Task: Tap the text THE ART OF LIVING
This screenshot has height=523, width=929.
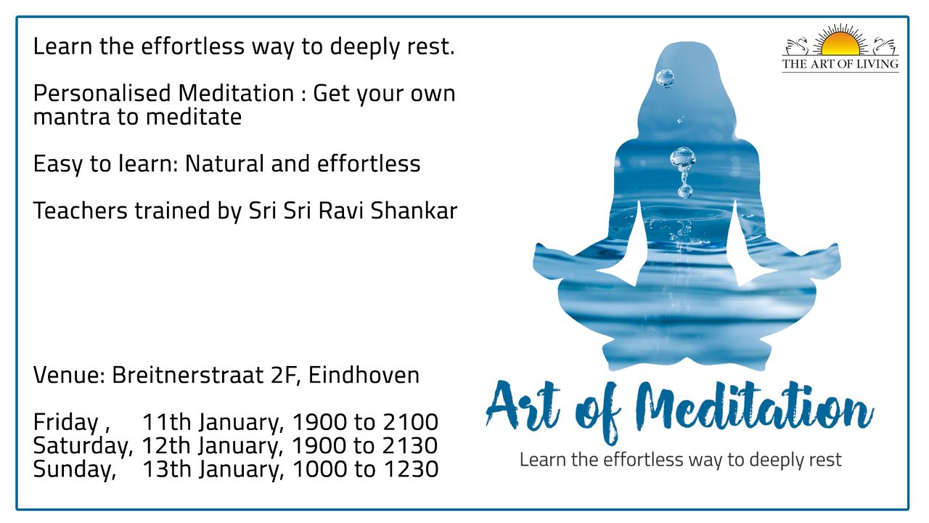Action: click(840, 65)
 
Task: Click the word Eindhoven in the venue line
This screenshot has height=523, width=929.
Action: click(364, 376)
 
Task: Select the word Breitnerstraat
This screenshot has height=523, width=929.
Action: click(188, 376)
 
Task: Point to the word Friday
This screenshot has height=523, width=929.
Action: click(65, 423)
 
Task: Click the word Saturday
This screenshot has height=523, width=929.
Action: click(83, 447)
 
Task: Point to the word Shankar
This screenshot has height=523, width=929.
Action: click(414, 211)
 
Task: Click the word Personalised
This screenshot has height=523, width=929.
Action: click(102, 93)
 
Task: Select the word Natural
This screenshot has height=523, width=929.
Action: click(224, 163)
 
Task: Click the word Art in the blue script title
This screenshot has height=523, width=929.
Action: click(523, 407)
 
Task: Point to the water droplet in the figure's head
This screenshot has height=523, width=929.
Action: click(666, 78)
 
